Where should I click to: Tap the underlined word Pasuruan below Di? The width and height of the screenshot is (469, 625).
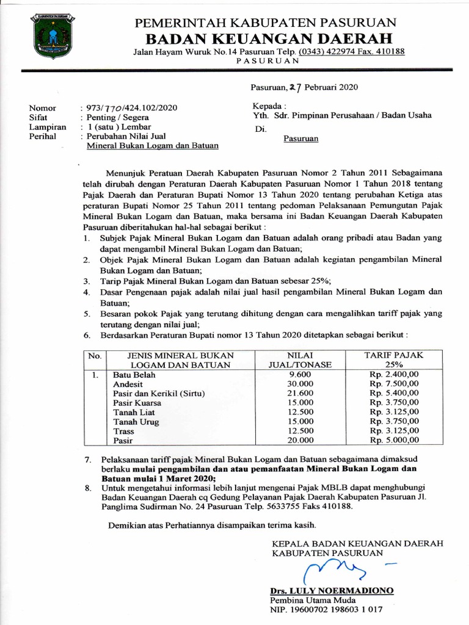(x=301, y=139)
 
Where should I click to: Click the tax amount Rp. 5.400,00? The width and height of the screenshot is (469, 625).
(x=394, y=393)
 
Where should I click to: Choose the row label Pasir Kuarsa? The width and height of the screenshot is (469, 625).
(x=137, y=403)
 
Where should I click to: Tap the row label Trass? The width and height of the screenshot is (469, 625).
(x=123, y=431)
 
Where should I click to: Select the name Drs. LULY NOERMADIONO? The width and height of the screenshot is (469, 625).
(x=332, y=591)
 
